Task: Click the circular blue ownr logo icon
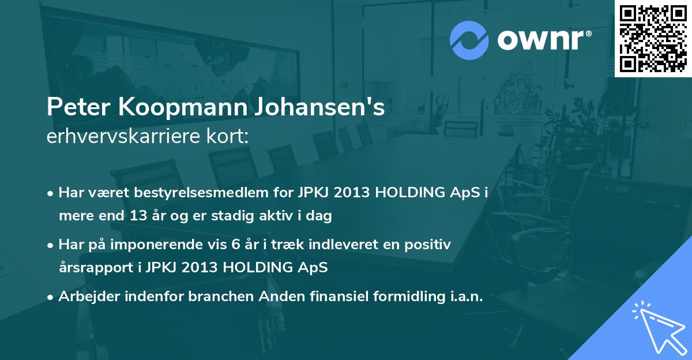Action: pyautogui.click(x=469, y=40)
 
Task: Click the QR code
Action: pyautogui.click(x=653, y=38)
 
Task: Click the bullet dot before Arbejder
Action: pyautogui.click(x=51, y=297)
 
